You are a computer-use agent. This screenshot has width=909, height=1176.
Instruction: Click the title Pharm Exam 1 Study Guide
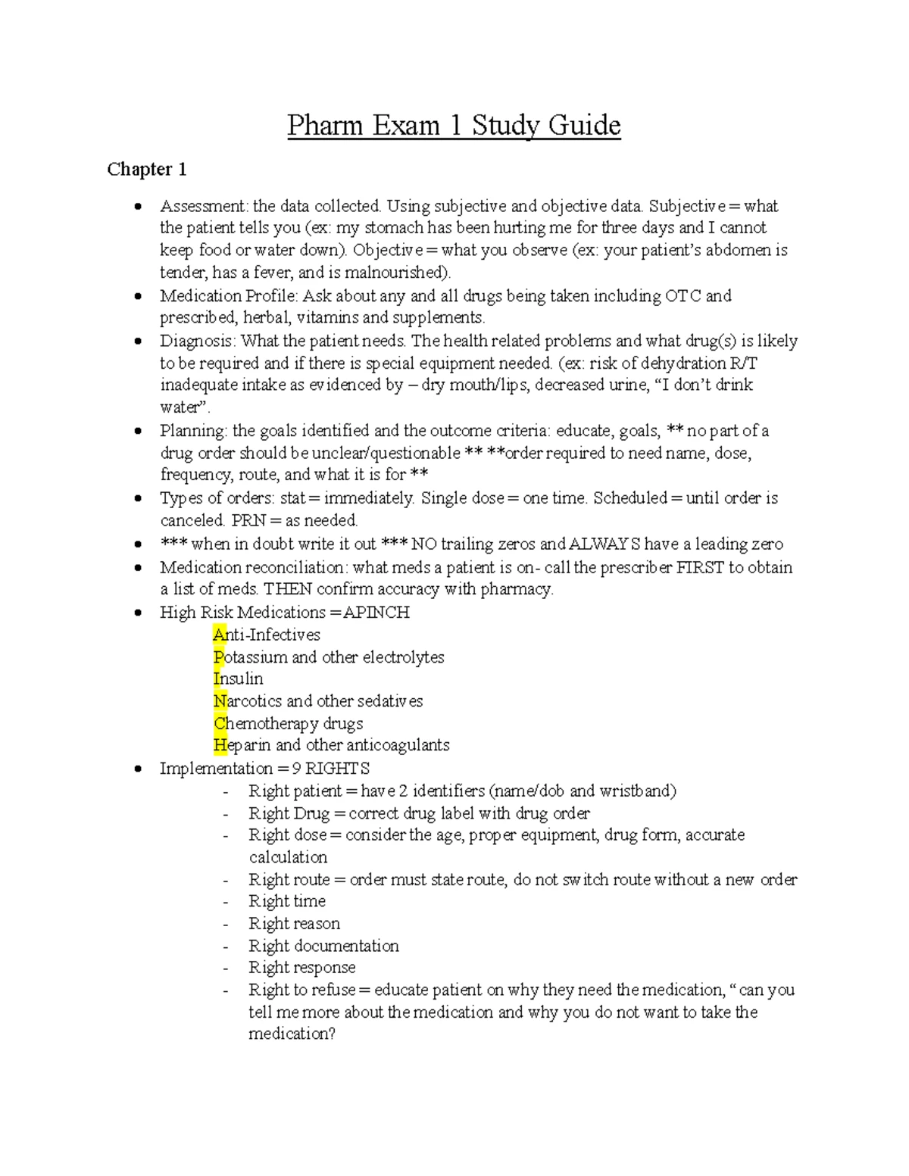click(x=454, y=125)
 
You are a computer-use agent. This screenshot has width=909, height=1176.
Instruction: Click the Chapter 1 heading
click(x=146, y=169)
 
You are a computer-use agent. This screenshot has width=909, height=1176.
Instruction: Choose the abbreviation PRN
click(x=248, y=520)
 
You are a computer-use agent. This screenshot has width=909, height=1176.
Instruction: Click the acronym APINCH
click(x=376, y=612)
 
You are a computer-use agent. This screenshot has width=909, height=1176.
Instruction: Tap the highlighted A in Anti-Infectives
click(x=220, y=635)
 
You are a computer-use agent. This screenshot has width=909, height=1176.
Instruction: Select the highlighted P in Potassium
click(x=219, y=657)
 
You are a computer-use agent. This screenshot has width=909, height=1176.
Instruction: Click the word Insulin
click(x=239, y=678)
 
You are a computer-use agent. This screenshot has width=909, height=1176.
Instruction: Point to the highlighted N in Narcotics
click(x=220, y=701)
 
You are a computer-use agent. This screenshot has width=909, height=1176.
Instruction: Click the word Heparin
click(x=242, y=745)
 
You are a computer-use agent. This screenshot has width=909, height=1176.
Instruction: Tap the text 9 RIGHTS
click(x=331, y=769)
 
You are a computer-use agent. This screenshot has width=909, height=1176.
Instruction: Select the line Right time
click(x=287, y=901)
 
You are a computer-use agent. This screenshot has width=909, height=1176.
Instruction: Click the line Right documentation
click(x=323, y=946)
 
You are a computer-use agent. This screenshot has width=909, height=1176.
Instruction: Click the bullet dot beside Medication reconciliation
click(x=138, y=567)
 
